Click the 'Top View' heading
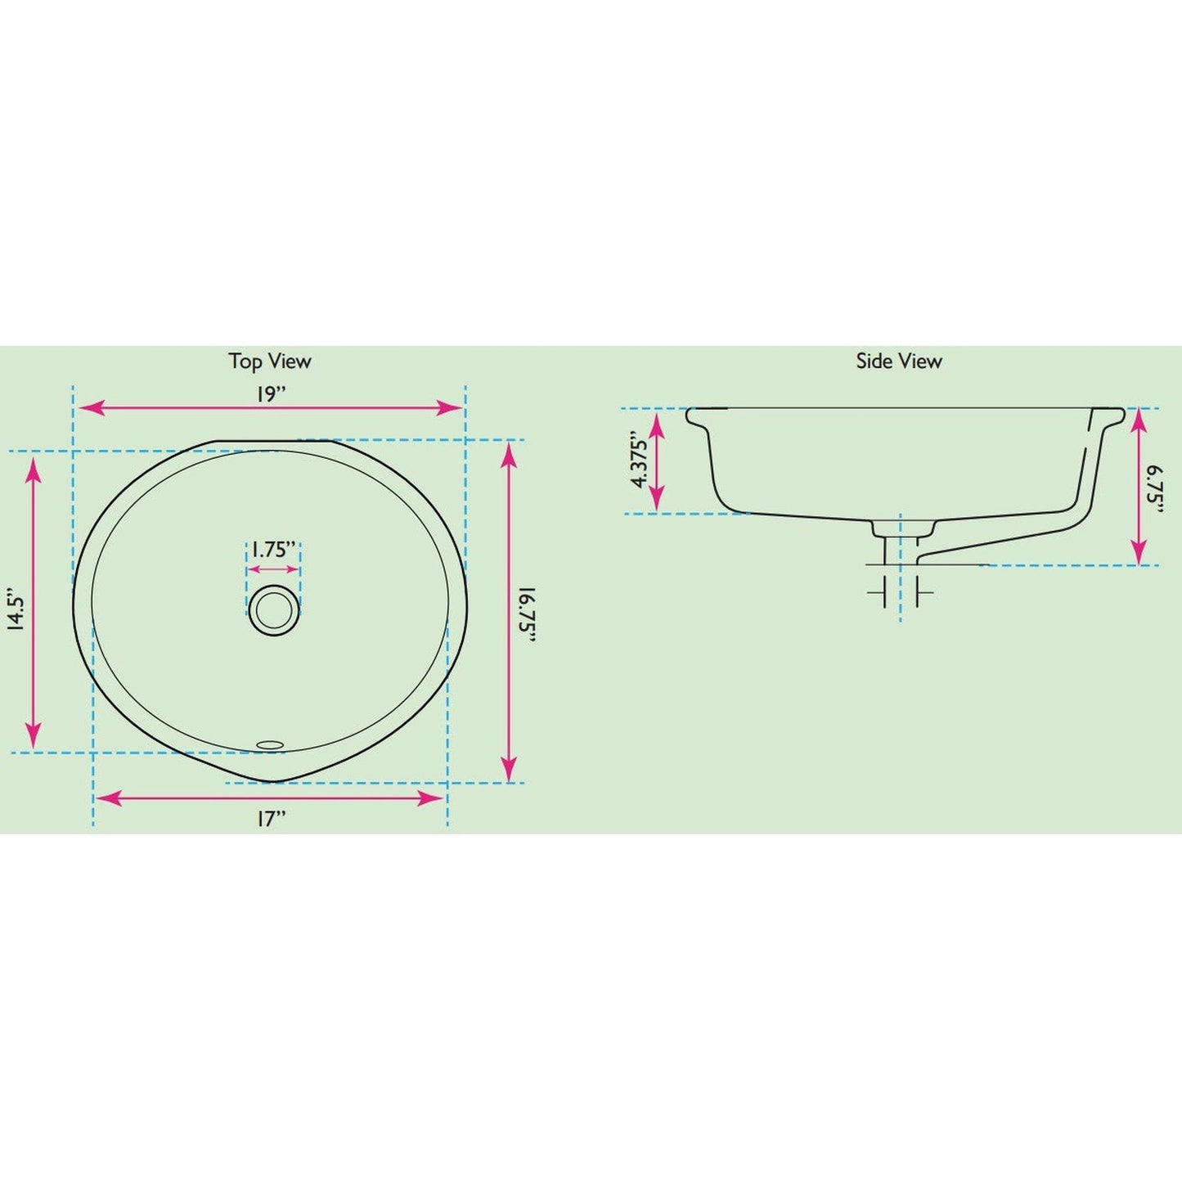269,361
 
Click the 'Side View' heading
898,361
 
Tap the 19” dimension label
270,393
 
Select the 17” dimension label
271,819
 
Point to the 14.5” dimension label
16,609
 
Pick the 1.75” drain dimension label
273,549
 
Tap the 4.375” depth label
640,461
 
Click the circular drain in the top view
274,609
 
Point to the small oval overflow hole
270,744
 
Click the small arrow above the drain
274,569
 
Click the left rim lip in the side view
696,416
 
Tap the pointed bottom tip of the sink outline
271,781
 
